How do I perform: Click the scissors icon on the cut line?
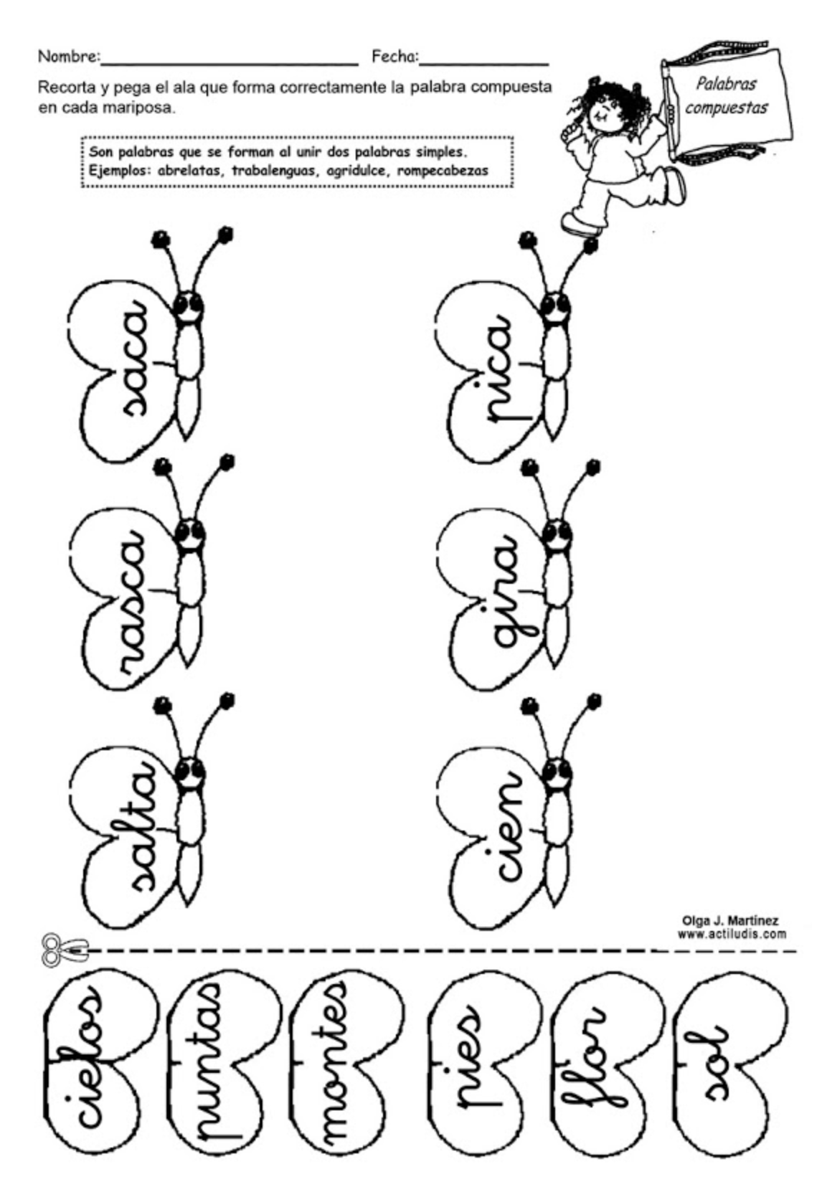point(64,950)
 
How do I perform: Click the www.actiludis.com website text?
point(732,934)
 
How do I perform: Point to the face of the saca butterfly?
point(189,308)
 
